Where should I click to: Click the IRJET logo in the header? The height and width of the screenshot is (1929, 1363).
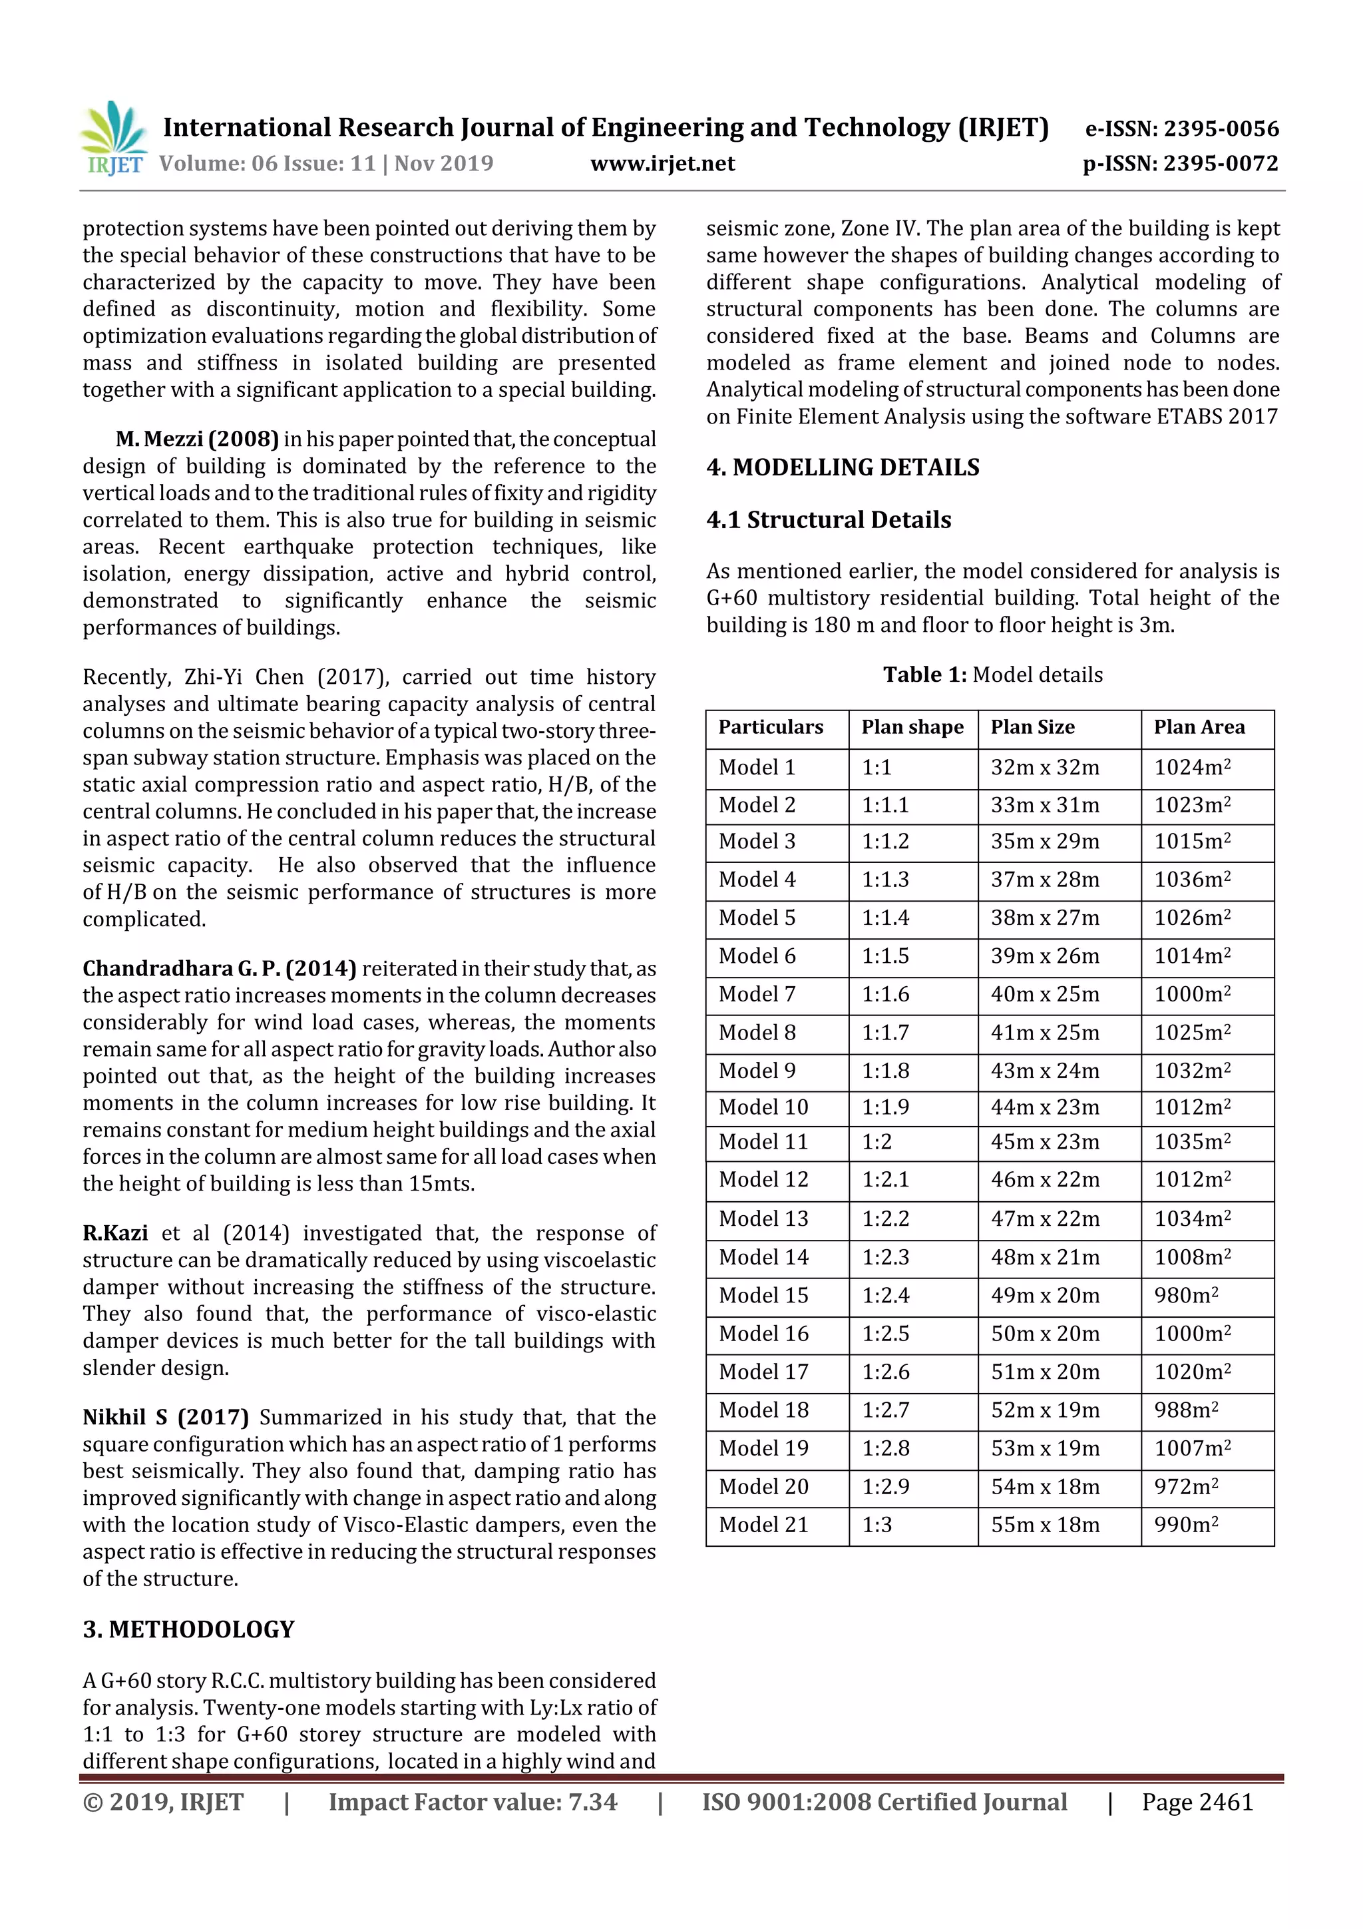click(112, 138)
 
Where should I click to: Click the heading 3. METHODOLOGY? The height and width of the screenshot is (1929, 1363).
click(188, 1630)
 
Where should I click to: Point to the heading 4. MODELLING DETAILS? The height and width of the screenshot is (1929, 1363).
click(843, 467)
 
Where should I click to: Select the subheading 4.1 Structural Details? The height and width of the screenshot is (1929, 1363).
click(828, 520)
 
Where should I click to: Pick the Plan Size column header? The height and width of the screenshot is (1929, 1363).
click(1032, 728)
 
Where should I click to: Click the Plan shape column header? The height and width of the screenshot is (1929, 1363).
click(912, 728)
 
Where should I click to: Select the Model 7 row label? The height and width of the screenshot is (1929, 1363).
click(757, 995)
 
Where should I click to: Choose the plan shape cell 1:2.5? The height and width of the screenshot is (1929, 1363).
click(885, 1334)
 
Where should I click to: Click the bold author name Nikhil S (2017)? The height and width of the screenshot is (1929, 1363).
click(166, 1418)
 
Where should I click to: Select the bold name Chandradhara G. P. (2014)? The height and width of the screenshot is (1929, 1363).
click(219, 969)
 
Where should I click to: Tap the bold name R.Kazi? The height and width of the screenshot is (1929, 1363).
click(115, 1233)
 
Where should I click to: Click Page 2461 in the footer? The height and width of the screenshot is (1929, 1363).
click(1197, 1802)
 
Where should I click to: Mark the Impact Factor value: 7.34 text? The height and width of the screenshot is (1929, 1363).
click(472, 1802)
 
